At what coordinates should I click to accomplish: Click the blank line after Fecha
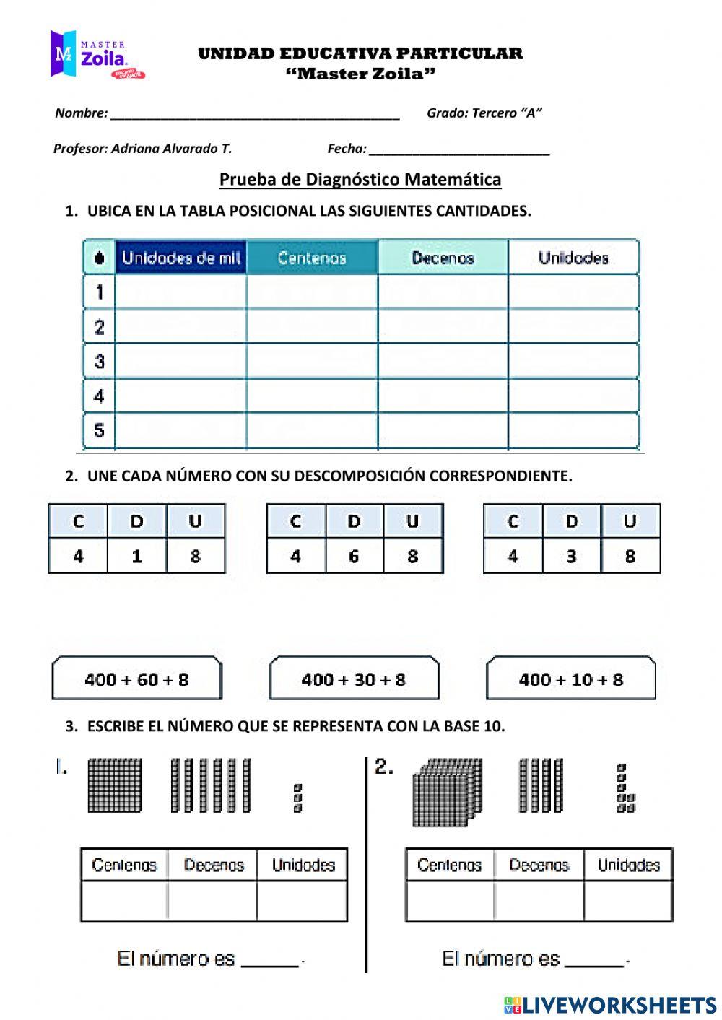[x=458, y=152]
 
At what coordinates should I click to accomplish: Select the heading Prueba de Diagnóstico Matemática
[x=360, y=179]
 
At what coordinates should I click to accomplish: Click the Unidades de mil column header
[x=180, y=258]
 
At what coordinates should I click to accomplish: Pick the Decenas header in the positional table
[x=443, y=258]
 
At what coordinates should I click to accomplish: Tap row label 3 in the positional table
[x=100, y=361]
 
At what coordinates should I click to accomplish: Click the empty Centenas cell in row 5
[x=312, y=431]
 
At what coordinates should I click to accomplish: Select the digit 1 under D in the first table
[x=136, y=556]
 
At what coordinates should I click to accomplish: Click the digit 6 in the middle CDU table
[x=354, y=556]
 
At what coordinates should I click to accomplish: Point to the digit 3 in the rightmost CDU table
[x=571, y=556]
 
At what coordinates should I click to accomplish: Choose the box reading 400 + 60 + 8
[x=136, y=679]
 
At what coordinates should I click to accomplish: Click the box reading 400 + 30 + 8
[x=354, y=679]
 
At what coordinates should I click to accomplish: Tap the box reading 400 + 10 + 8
[x=571, y=679]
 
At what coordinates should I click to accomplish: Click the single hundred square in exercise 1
[x=114, y=785]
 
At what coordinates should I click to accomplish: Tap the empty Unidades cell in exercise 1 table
[x=302, y=900]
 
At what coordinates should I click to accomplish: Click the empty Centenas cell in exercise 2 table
[x=449, y=900]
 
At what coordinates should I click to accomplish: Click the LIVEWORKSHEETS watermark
[x=611, y=1005]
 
